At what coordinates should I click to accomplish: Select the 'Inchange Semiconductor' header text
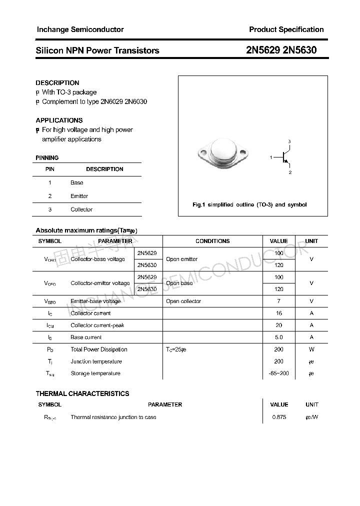tap(80, 29)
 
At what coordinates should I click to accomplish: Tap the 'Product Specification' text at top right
tap(286, 29)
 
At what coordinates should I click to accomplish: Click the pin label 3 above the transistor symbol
tap(289, 141)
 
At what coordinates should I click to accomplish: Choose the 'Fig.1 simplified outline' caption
tap(249, 204)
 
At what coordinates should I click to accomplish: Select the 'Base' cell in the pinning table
tap(77, 183)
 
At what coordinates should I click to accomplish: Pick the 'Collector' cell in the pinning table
tap(81, 209)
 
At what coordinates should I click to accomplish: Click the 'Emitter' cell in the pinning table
tap(79, 196)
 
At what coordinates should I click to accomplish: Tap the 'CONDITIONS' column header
tap(212, 241)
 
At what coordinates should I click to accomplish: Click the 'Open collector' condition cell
tap(183, 301)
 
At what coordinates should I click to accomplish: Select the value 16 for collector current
tap(279, 313)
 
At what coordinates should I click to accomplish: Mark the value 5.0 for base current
tap(279, 337)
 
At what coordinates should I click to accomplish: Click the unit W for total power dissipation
tap(311, 349)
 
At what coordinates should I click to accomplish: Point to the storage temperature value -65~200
tap(279, 373)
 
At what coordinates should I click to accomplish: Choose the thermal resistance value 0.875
tap(279, 417)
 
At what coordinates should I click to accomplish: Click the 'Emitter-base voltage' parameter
tap(95, 301)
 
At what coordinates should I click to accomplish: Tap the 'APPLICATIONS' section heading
tap(59, 120)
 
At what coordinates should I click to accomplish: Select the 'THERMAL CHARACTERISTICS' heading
tap(82, 393)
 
